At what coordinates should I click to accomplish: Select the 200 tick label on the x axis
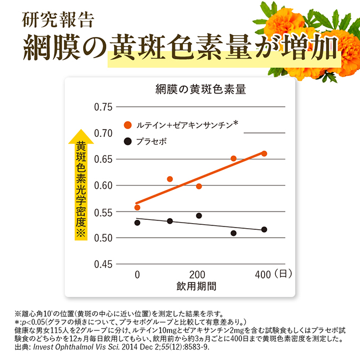(197, 274)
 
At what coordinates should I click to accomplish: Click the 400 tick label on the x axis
(262, 274)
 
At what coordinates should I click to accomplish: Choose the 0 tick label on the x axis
(137, 274)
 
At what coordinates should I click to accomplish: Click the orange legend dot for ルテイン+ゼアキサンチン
(128, 125)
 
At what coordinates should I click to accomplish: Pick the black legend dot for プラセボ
(128, 142)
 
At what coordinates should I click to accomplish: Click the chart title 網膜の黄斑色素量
(201, 89)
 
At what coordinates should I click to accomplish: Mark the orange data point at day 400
(264, 153)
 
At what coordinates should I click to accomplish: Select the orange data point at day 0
(137, 208)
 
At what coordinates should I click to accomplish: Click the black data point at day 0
(137, 223)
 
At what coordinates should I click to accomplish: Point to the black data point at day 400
(264, 229)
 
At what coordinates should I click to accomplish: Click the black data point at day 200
(199, 215)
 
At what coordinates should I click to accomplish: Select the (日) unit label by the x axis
(282, 274)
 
